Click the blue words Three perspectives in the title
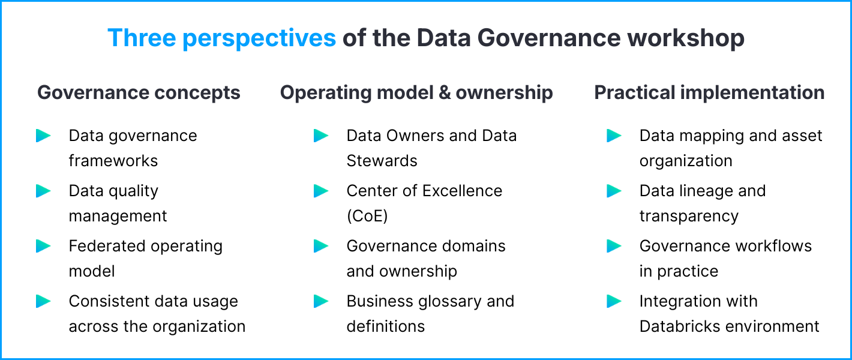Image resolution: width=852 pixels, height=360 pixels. tap(221, 38)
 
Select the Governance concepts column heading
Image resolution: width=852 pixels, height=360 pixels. tap(139, 93)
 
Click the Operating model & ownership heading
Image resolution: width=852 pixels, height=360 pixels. tap(416, 93)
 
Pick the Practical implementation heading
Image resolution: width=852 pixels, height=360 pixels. tap(709, 93)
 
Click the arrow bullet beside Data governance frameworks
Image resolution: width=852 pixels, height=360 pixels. tap(43, 136)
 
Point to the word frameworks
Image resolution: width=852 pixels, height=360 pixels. tap(113, 161)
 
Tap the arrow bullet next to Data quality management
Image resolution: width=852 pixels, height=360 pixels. tap(43, 191)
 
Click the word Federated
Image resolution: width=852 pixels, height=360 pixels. tap(103, 246)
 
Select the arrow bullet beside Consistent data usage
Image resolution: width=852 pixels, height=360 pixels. tap(43, 301)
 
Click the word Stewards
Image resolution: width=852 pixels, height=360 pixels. tap(382, 161)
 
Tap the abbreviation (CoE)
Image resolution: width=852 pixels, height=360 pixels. tap(367, 216)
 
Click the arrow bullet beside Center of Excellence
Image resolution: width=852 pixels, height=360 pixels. tap(321, 191)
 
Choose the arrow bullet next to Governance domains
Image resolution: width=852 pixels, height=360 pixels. tap(321, 246)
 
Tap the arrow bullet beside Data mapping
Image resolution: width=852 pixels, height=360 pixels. tap(614, 136)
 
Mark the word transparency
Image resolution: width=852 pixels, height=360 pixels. tap(689, 216)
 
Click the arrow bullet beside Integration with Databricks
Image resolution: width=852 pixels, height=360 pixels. tap(614, 301)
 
